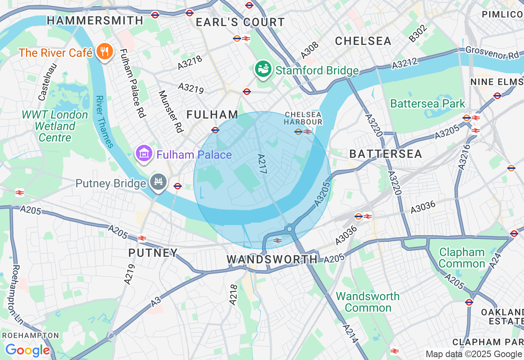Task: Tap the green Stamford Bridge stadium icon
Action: click(262, 69)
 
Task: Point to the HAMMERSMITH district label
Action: click(95, 20)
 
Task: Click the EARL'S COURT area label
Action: click(240, 22)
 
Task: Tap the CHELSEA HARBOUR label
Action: click(303, 118)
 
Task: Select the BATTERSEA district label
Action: click(385, 154)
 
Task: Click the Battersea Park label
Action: click(428, 103)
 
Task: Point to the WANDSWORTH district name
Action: click(272, 259)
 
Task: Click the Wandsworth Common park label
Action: click(368, 302)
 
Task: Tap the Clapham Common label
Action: click(461, 258)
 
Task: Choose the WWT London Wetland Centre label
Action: click(55, 126)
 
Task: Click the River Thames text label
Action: click(104, 122)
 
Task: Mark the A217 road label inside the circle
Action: click(262, 164)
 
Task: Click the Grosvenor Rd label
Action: click(492, 53)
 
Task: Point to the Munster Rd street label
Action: click(169, 111)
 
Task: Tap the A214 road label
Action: click(350, 334)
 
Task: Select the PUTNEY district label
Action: click(153, 253)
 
